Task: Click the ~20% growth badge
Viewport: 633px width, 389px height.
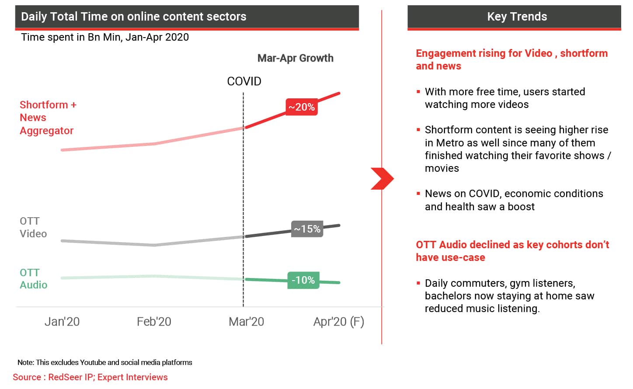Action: click(302, 107)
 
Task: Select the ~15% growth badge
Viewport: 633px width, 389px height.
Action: click(307, 229)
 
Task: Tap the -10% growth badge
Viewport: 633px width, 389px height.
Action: click(303, 280)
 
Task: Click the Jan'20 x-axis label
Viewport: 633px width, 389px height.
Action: click(62, 322)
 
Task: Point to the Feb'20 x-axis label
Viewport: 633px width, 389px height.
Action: click(154, 322)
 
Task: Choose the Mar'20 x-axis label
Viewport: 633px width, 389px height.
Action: click(247, 322)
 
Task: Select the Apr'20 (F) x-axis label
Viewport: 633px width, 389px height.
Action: click(338, 322)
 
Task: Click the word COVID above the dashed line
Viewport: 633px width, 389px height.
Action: click(244, 81)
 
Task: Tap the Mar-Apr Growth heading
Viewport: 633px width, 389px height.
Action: click(296, 58)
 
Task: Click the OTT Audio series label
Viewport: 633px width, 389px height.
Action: click(33, 279)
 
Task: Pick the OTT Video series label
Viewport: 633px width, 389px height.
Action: click(33, 227)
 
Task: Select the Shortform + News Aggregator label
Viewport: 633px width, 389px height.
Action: click(48, 118)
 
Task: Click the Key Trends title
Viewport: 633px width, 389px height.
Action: click(517, 17)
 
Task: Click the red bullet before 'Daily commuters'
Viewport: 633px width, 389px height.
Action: click(418, 283)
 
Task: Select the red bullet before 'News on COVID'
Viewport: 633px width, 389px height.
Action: click(418, 194)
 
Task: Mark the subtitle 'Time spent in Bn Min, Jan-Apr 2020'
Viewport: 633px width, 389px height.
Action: click(105, 37)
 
